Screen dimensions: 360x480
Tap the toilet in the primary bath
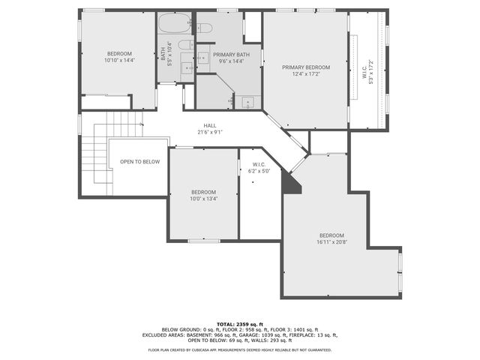[204, 28]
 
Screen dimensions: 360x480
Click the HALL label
[210, 125]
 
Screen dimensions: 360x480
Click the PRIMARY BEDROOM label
[305, 67]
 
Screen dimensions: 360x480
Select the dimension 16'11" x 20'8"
[331, 242]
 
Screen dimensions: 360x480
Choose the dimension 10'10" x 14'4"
[119, 60]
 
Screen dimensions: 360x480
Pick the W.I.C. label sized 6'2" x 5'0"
[259, 171]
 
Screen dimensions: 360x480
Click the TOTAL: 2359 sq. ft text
[240, 323]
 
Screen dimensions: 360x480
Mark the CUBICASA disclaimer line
[240, 349]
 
